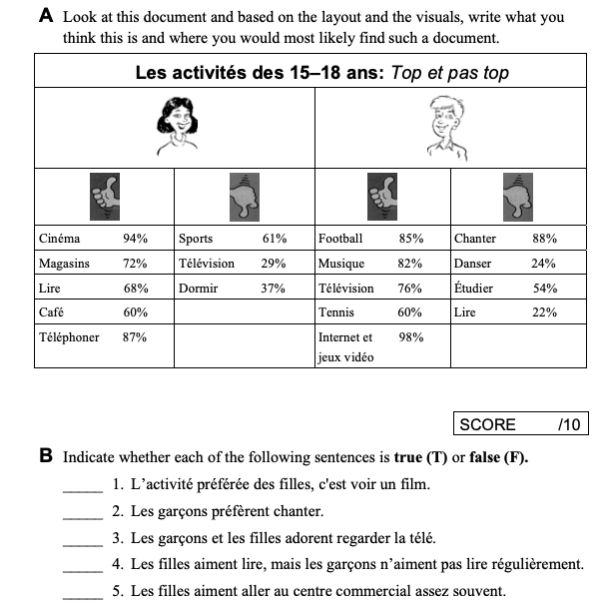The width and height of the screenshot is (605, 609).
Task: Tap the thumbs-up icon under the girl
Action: click(x=104, y=196)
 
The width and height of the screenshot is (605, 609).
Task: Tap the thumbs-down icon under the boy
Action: click(x=517, y=196)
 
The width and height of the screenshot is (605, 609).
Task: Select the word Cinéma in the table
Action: click(x=59, y=240)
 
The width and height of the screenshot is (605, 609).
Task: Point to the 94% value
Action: click(x=135, y=240)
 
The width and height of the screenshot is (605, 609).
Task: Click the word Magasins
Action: click(x=64, y=264)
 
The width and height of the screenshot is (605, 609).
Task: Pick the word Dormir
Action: click(x=200, y=289)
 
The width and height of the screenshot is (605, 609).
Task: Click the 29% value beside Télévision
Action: click(x=274, y=264)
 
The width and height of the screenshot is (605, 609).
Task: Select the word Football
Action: click(x=340, y=240)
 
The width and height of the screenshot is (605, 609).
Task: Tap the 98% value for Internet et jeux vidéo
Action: click(x=410, y=337)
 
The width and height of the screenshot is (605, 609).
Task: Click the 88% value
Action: click(x=544, y=240)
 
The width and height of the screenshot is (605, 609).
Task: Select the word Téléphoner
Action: click(x=69, y=337)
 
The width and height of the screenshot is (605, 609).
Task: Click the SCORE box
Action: click(x=519, y=424)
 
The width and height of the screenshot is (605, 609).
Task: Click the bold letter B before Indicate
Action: click(x=46, y=457)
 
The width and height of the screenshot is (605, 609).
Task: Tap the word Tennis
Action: click(x=336, y=312)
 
